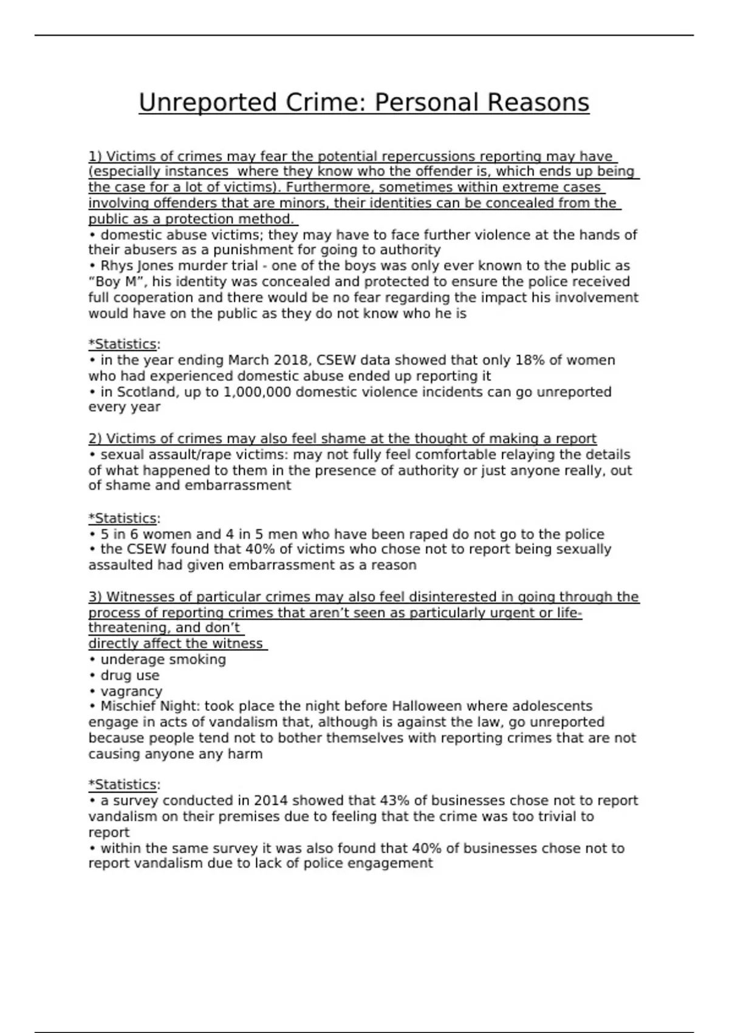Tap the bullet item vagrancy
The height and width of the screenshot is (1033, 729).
coord(131,692)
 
